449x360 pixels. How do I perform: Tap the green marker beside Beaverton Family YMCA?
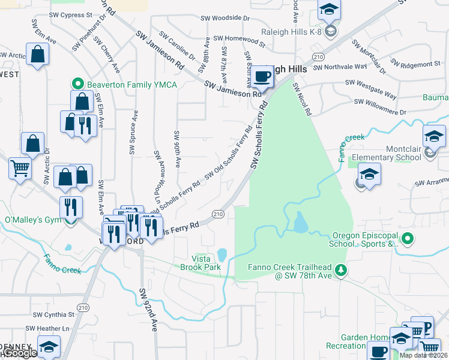(x=77, y=85)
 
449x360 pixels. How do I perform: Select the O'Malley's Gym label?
(x=33, y=220)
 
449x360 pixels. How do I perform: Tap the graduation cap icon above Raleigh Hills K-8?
(x=329, y=10)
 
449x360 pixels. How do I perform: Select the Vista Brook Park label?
(x=197, y=262)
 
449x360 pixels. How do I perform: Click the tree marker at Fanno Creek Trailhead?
(x=341, y=271)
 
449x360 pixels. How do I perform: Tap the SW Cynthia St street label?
(x=53, y=314)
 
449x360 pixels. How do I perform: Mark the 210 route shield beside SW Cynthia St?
(x=83, y=308)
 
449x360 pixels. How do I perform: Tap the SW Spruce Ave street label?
(x=133, y=131)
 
